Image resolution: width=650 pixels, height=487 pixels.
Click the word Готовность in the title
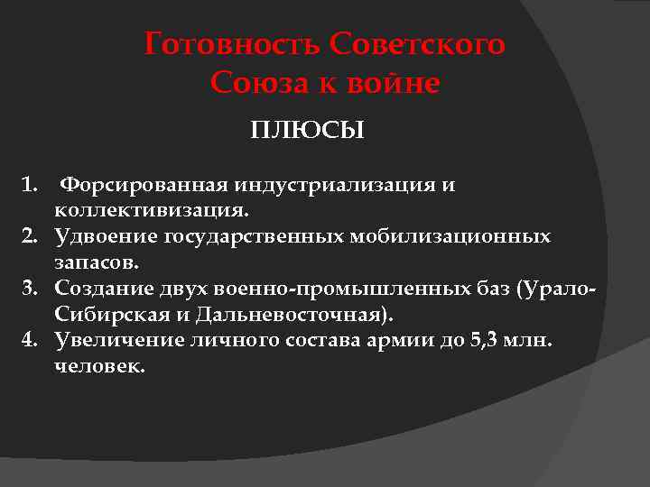233,44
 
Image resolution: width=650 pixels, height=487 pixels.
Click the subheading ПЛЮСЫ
307,132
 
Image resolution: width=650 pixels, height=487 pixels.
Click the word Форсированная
144,186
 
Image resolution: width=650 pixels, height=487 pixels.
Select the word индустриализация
337,186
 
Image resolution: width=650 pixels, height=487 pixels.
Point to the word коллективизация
150,210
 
